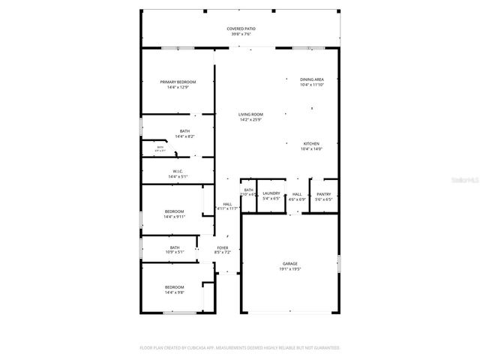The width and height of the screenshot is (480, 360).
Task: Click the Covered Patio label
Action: click(240, 28)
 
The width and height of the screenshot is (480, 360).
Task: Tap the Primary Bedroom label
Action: click(178, 81)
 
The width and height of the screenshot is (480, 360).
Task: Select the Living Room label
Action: click(229, 114)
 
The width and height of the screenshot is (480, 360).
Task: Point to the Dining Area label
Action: click(311, 79)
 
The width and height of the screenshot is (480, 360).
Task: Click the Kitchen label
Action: click(311, 143)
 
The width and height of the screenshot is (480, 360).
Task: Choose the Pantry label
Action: click(323, 193)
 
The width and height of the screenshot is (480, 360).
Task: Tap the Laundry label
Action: click(271, 193)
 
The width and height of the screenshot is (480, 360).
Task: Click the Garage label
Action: click(290, 263)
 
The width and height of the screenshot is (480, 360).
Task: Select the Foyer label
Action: click(223, 247)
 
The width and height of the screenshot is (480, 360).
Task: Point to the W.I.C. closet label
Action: click(178, 171)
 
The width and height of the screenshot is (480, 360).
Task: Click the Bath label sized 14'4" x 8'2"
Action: click(184, 130)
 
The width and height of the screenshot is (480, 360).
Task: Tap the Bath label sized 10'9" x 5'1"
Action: click(175, 247)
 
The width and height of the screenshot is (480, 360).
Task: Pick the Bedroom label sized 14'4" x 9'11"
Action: click(175, 211)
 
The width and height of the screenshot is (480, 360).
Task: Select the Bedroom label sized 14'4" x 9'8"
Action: click(175, 286)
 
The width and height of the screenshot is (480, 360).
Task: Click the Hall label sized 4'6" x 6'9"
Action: click(297, 193)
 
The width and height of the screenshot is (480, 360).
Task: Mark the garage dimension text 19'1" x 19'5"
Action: click(290, 268)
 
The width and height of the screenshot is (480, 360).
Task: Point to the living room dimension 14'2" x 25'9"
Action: click(229, 119)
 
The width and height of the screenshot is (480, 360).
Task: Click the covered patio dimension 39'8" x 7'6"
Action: click(240, 34)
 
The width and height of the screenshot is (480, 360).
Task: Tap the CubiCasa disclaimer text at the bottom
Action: click(240, 347)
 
